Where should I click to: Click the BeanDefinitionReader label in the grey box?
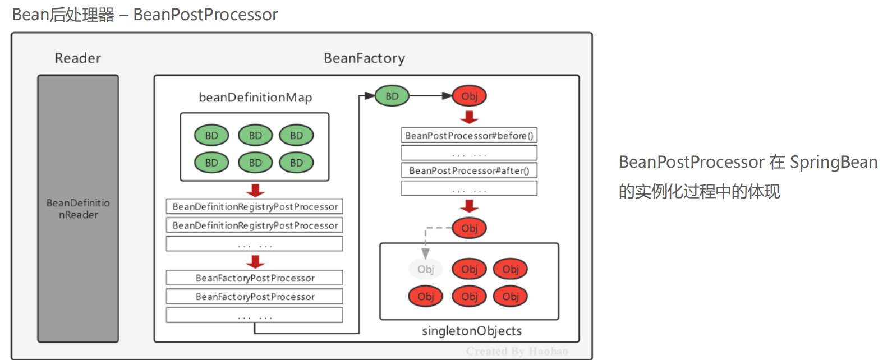[x=78, y=209]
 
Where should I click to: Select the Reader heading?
[x=78, y=58]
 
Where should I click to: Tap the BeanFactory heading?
[x=364, y=58]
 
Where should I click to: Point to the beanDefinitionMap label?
[x=255, y=98]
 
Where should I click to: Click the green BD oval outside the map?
[x=392, y=96]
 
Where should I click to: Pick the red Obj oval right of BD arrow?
[x=469, y=96]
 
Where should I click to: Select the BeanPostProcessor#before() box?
[x=469, y=136]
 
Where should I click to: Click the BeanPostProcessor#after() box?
[x=469, y=170]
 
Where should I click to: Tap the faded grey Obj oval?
[x=425, y=269]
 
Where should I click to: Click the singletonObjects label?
[x=472, y=331]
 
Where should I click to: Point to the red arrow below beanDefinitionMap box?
[x=255, y=190]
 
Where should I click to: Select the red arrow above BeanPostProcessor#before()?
[x=469, y=117]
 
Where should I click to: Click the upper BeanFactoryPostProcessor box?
[x=255, y=278]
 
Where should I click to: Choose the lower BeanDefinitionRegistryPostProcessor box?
[x=255, y=225]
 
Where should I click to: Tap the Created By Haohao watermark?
[x=517, y=352]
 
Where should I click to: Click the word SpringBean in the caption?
[x=834, y=162]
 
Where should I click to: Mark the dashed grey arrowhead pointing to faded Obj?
[x=425, y=253]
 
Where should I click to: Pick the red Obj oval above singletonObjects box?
[x=469, y=228]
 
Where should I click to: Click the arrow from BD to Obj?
[x=430, y=96]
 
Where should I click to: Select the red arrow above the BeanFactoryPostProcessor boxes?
[x=255, y=262]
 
